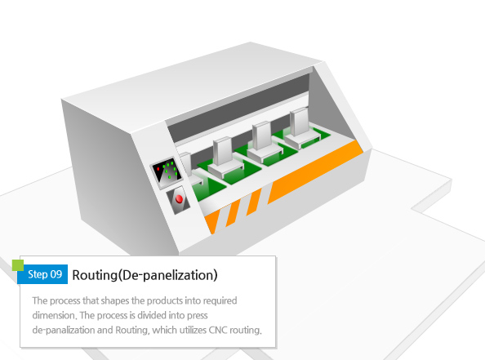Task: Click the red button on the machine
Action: (179, 199)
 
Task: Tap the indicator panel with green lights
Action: (167, 172)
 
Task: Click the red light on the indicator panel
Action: (158, 169)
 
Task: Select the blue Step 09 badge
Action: (42, 274)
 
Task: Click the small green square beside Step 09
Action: (18, 265)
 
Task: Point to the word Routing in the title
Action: (95, 275)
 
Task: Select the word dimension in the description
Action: (54, 315)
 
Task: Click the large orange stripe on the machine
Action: (315, 172)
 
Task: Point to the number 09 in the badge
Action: (56, 274)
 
